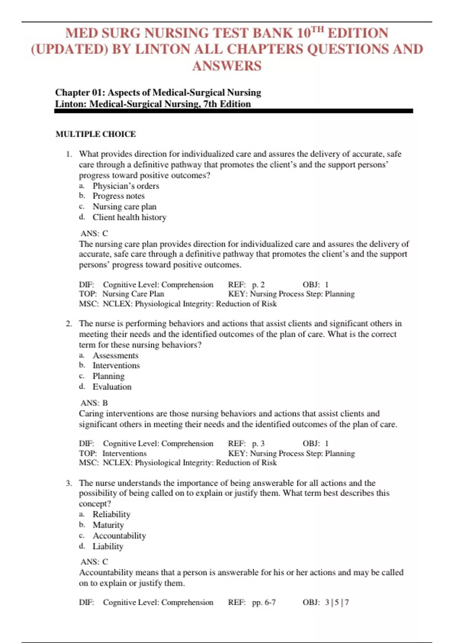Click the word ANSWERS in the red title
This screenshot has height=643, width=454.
227,66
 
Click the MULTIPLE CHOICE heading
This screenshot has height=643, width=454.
96,134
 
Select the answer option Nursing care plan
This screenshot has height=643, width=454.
124,207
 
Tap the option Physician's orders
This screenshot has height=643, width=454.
126,186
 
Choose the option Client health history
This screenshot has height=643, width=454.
129,217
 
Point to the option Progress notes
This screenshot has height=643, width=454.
118,196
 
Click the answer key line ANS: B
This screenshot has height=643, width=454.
94,403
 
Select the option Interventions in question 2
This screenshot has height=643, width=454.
116,365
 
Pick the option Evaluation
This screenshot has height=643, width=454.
112,387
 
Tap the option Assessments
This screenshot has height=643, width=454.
115,356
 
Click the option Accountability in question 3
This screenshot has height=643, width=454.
119,536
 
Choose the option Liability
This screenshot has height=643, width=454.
108,546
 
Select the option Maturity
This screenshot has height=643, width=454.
108,525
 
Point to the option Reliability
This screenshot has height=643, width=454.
111,514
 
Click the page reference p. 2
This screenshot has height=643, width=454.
258,285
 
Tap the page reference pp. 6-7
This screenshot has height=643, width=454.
264,602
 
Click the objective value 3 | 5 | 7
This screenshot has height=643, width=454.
337,602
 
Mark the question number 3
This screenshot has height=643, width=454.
68,483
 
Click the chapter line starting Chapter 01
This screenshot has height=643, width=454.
158,93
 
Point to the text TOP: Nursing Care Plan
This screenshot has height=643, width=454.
121,294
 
